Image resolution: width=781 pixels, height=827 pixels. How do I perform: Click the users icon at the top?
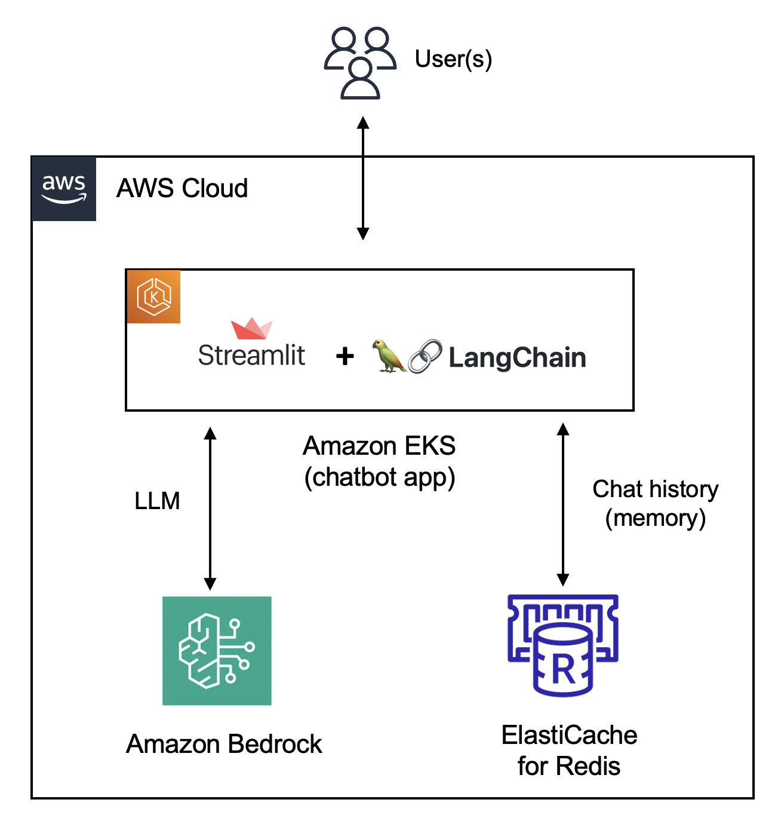click(x=360, y=62)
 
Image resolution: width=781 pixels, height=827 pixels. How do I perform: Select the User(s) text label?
click(x=453, y=59)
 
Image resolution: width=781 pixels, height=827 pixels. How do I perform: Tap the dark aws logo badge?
click(x=64, y=189)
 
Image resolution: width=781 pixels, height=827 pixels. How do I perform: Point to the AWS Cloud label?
click(x=182, y=188)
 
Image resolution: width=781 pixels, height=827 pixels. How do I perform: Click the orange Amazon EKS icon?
click(x=153, y=296)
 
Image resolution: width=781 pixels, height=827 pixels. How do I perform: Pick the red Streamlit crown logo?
click(x=252, y=329)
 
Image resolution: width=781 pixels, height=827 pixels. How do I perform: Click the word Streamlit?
click(x=251, y=356)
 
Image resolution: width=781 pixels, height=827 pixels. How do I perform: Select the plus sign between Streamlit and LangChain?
click(x=345, y=357)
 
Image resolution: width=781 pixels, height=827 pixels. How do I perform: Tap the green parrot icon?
click(x=389, y=356)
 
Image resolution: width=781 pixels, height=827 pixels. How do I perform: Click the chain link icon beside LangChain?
click(x=425, y=357)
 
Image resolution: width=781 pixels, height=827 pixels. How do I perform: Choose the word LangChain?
click(x=517, y=358)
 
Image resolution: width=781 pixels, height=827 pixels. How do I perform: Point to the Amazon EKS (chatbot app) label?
click(x=380, y=461)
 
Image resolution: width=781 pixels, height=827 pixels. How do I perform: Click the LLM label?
click(x=157, y=501)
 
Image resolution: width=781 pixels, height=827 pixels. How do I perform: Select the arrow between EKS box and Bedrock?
click(x=210, y=509)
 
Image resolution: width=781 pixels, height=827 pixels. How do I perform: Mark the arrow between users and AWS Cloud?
click(x=363, y=178)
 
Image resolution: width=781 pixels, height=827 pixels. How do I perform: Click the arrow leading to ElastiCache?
click(x=562, y=504)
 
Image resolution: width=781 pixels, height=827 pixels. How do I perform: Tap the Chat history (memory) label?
click(x=655, y=503)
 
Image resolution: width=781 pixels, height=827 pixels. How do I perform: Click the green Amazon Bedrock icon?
click(x=217, y=651)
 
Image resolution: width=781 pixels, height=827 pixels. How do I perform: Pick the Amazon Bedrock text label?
click(x=224, y=744)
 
